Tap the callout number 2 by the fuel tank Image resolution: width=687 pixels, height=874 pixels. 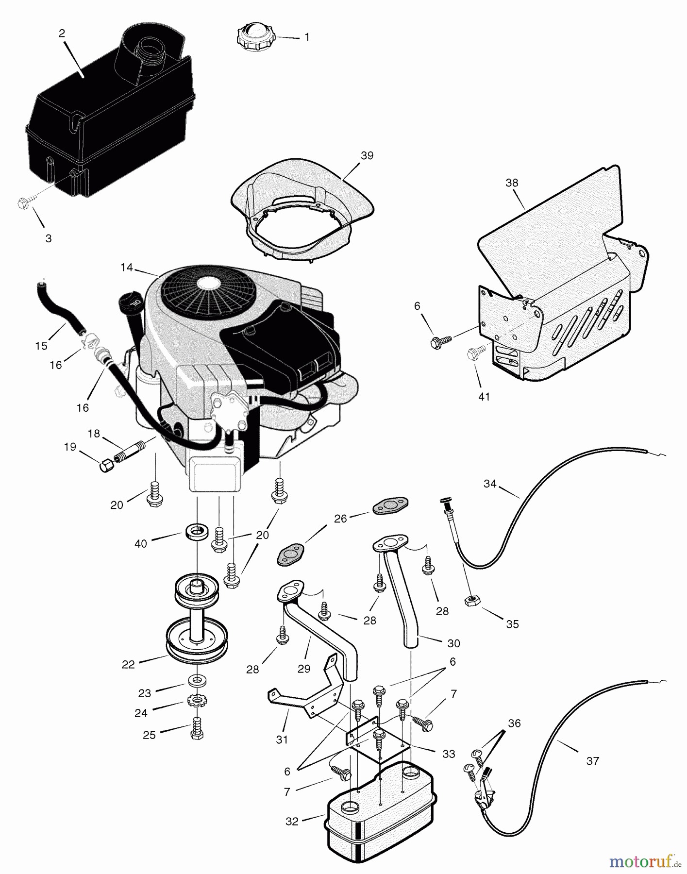(62, 34)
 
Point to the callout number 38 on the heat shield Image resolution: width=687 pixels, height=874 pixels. (512, 183)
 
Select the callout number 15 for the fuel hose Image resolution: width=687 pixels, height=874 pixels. (41, 346)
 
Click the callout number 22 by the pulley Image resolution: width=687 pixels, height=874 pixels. (128, 664)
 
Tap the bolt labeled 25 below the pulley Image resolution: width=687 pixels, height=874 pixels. (196, 729)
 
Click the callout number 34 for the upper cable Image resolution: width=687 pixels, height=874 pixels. (490, 484)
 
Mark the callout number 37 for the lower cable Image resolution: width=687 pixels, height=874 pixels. (592, 761)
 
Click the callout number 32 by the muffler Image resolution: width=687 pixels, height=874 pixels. (292, 822)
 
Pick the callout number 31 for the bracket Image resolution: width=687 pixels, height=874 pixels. (282, 740)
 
